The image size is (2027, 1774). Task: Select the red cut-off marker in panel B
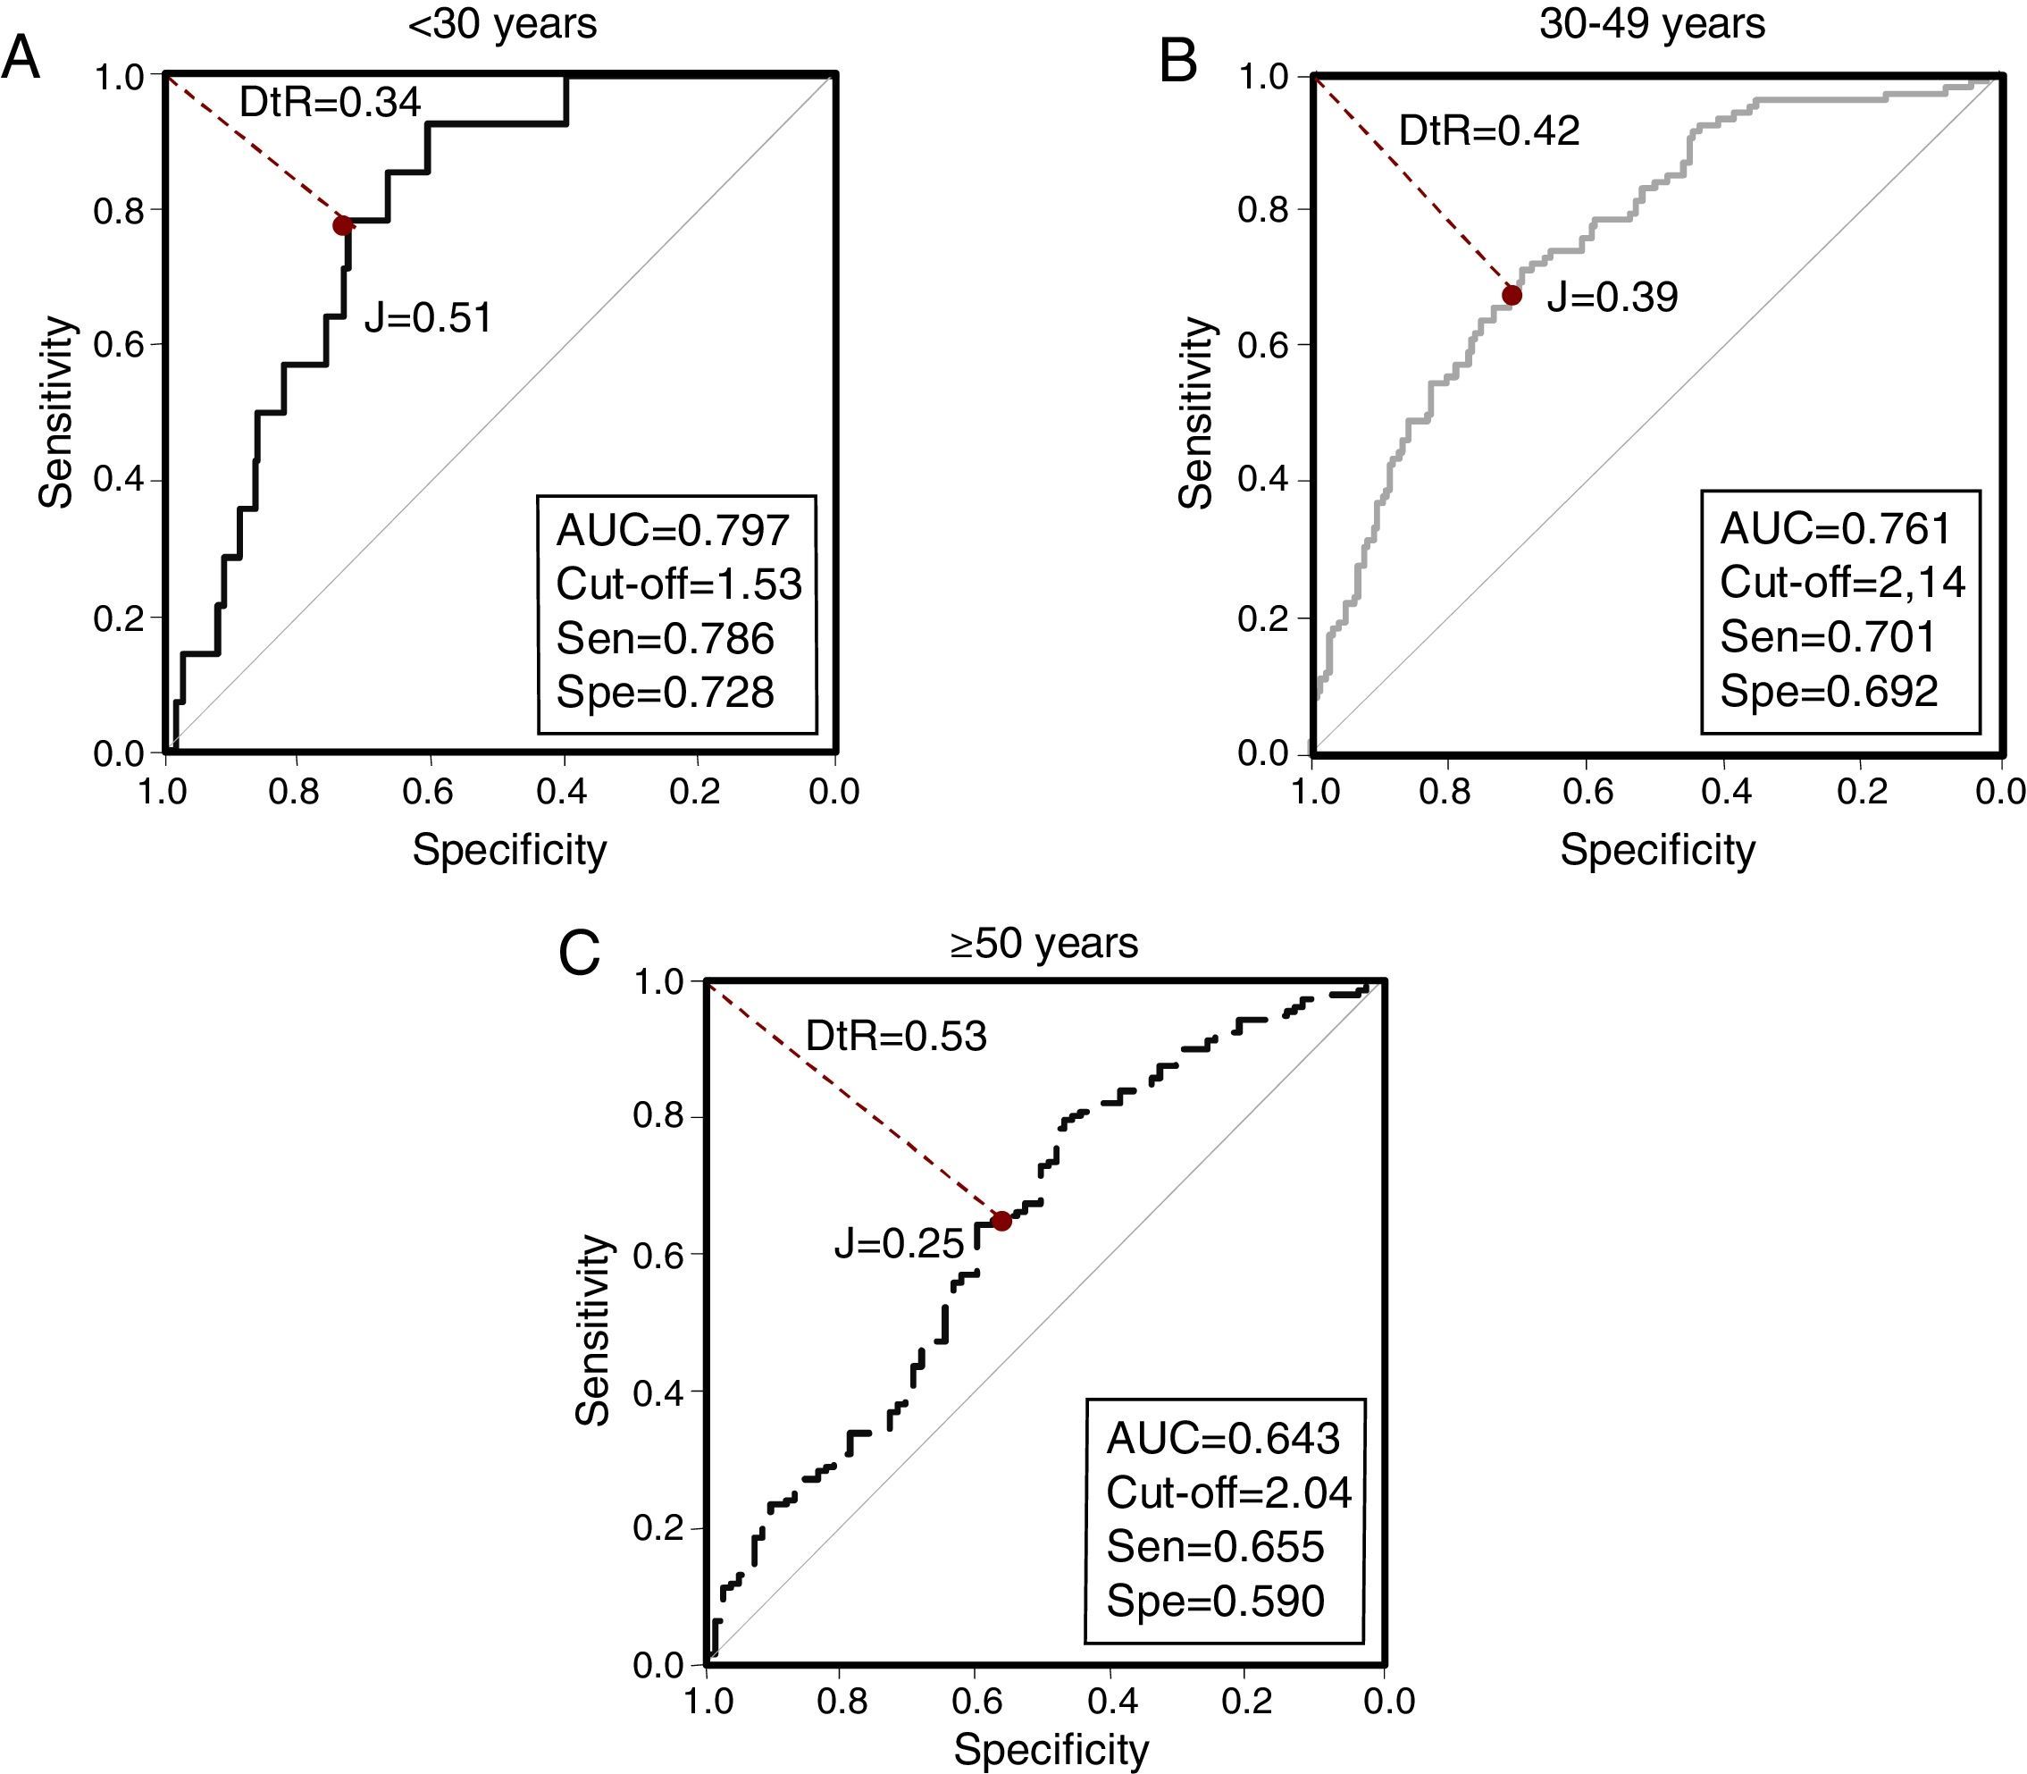[x=1512, y=295]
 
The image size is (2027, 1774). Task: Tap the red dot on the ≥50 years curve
[x=1001, y=1221]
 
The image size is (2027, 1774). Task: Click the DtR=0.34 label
[x=331, y=102]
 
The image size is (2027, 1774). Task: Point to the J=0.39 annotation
[x=1612, y=297]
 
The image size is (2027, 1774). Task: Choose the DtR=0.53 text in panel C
[x=896, y=1036]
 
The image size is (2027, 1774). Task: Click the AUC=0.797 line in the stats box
[x=673, y=531]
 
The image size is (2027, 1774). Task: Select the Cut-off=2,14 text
[x=1842, y=582]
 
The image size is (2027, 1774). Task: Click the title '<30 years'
[x=502, y=24]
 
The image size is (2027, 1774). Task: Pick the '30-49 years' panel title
[x=1652, y=24]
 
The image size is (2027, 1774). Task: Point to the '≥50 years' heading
[x=1043, y=944]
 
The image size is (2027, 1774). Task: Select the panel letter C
[x=579, y=954]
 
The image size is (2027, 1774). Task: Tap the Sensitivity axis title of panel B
[x=1196, y=413]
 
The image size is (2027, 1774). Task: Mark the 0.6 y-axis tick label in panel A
[x=118, y=346]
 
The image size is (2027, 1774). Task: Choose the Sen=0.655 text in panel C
[x=1214, y=1546]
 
